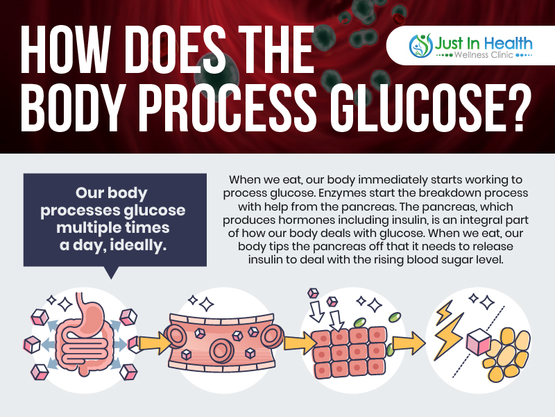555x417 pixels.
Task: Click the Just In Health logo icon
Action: point(420,45)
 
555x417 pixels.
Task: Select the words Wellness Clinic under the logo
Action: point(484,56)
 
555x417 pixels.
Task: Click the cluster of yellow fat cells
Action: point(509,354)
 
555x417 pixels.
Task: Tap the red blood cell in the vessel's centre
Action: point(222,350)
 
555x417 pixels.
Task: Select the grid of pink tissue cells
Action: point(349,352)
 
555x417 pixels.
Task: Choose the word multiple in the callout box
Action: point(84,228)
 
